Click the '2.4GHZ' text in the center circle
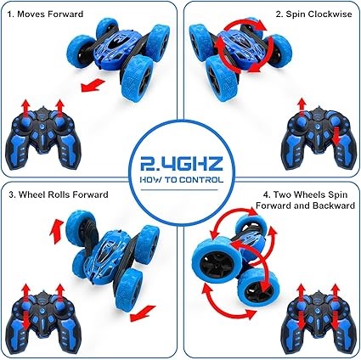click(182, 165)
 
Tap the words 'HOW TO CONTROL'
click(182, 180)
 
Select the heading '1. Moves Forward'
click(45, 14)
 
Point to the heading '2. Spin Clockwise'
click(313, 14)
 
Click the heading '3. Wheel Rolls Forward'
click(59, 194)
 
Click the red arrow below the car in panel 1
click(93, 86)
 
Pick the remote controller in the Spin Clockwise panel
click(319, 138)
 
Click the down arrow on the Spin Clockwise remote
click(336, 137)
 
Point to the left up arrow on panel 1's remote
click(25, 109)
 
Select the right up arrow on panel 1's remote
click(59, 109)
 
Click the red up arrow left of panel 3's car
click(56, 231)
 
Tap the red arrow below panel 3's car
click(143, 313)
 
